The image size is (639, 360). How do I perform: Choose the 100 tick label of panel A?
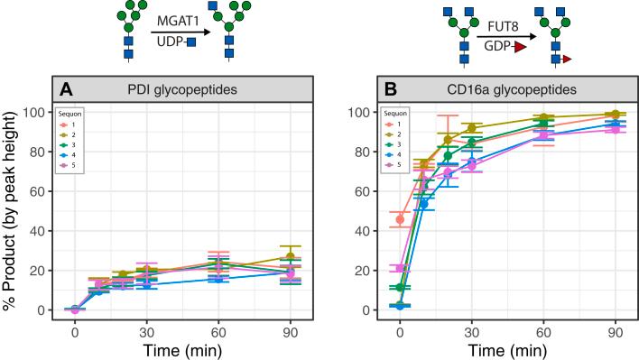39,113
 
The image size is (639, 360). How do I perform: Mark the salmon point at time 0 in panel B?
400,219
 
